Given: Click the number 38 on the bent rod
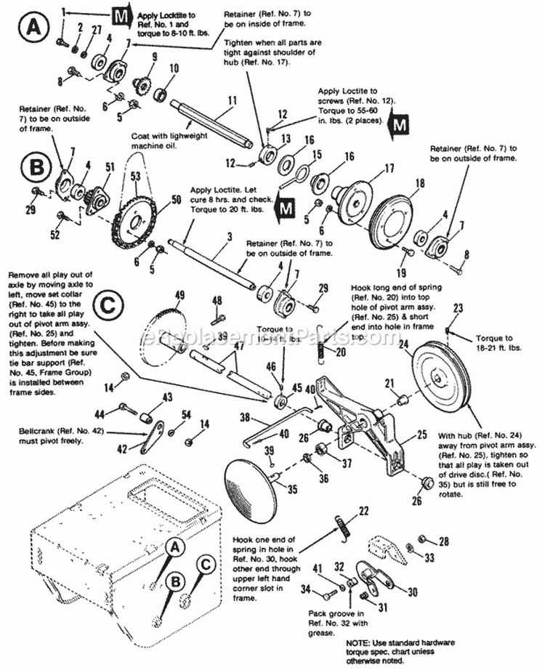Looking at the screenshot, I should (x=245, y=418).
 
